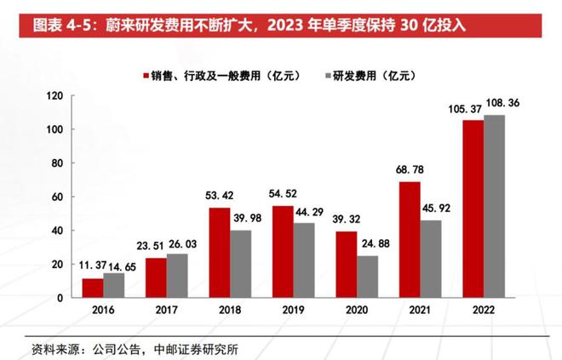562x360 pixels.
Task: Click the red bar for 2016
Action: pos(92,288)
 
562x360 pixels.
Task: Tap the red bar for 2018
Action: pos(219,253)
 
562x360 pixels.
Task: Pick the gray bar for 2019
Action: pos(302,260)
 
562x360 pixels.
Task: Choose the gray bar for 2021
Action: pos(429,259)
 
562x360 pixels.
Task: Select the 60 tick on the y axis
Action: pos(57,197)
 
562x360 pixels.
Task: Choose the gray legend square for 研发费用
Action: pos(328,75)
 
